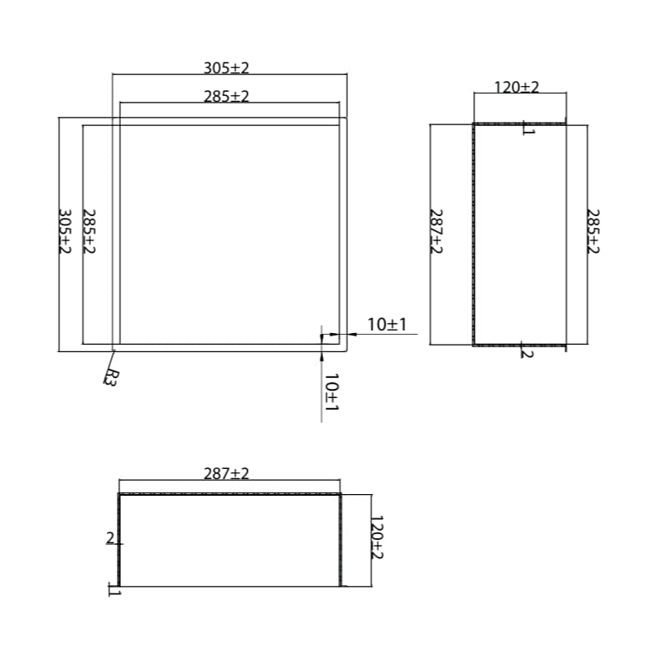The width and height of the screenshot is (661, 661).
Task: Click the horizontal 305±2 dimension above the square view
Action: point(226,68)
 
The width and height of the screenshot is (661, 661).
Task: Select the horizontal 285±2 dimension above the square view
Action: point(226,96)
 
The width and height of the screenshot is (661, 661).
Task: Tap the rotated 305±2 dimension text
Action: point(64,232)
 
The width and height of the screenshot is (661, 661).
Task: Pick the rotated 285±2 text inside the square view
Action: point(88,232)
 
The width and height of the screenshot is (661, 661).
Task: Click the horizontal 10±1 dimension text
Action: point(386,325)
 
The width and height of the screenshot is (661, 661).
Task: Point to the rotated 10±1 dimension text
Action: point(330,392)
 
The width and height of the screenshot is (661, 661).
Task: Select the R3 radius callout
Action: point(108,377)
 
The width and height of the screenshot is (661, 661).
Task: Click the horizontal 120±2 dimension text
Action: point(518,87)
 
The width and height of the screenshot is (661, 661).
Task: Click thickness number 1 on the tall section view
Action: point(527,129)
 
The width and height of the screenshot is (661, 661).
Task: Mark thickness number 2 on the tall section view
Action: point(526,354)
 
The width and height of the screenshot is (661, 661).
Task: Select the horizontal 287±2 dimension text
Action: point(226,473)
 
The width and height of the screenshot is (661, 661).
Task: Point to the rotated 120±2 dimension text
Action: point(376,538)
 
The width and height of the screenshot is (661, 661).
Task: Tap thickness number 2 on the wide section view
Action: point(109,539)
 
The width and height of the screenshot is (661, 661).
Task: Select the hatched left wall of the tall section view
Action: point(474,234)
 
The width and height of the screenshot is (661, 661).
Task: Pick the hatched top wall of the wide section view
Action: point(230,494)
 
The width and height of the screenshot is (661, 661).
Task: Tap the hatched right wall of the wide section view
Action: point(340,539)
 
